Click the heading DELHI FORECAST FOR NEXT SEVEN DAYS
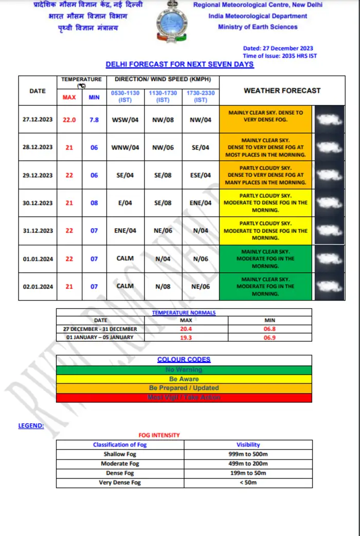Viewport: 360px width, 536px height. point(179,64)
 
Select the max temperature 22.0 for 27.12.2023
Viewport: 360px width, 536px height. point(69,120)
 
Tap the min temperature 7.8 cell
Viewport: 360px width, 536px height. point(94,120)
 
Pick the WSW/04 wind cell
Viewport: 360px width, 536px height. point(125,120)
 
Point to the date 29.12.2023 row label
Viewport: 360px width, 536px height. point(38,175)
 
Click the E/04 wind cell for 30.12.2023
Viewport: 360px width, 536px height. point(125,203)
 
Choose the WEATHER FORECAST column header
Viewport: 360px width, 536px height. point(282,90)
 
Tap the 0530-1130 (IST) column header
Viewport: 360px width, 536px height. point(125,96)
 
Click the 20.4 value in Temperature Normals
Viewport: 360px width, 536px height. point(186,329)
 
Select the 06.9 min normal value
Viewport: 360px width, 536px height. point(270,337)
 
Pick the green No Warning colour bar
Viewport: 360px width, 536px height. point(184,369)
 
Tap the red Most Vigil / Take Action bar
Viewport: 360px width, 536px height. point(184,397)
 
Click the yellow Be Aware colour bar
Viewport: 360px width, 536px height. point(184,379)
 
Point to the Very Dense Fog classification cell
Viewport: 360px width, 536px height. point(120,483)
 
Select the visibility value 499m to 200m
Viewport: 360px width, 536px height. point(248,464)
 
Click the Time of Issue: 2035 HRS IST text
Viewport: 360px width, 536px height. point(280,56)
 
